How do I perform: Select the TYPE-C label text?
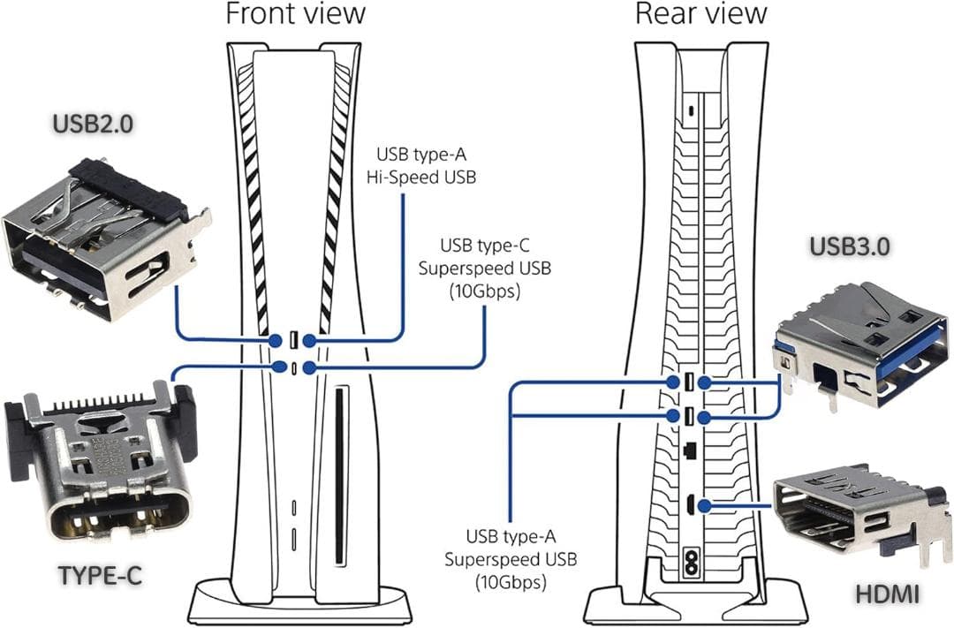101,575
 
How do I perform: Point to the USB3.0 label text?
853,248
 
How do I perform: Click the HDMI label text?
886,594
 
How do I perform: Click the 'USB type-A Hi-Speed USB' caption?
421,164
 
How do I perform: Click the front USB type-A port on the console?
292,339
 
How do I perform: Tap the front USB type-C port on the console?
293,367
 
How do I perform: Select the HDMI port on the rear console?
687,506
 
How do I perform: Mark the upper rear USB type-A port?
688,382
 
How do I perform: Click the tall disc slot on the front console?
339,473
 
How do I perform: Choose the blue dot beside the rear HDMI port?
704,506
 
